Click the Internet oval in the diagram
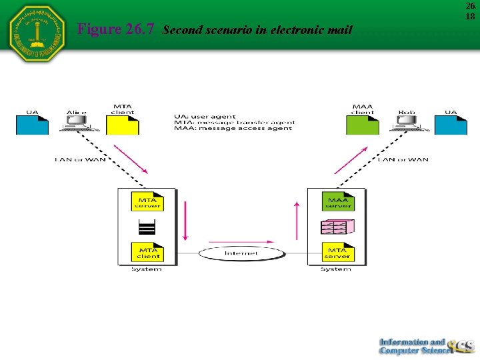click(x=241, y=253)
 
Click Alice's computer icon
click(x=77, y=122)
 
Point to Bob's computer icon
click(x=406, y=122)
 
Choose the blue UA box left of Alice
click(x=32, y=124)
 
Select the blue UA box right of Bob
click(x=451, y=124)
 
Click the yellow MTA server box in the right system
click(x=337, y=253)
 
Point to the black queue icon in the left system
click(x=147, y=227)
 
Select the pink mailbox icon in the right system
click(x=337, y=227)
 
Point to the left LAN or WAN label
click(x=80, y=159)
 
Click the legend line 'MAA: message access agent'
click(x=233, y=128)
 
